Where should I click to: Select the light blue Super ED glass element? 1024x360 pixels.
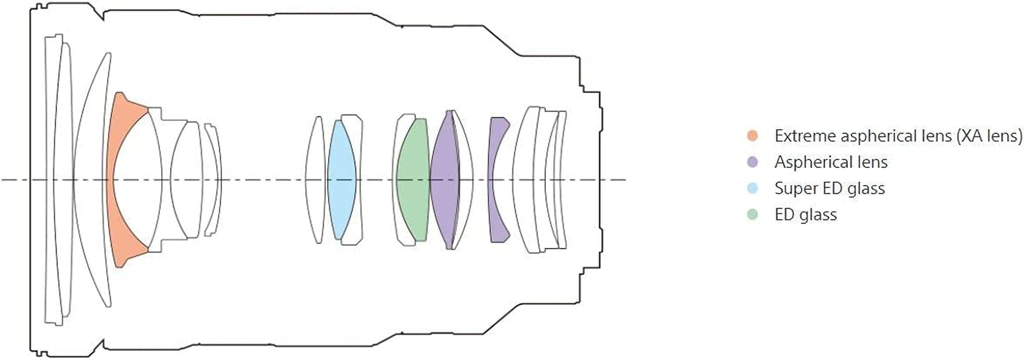(x=342, y=179)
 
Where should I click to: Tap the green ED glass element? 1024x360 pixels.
(x=413, y=179)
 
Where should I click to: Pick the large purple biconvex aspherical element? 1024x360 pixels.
(x=445, y=179)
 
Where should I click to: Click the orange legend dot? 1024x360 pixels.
(x=752, y=136)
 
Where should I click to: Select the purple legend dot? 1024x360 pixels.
(x=752, y=162)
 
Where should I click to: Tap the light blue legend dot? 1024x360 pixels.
(x=752, y=188)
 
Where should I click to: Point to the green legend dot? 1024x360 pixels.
(x=752, y=214)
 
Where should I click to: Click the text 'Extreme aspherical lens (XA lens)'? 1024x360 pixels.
(x=898, y=136)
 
